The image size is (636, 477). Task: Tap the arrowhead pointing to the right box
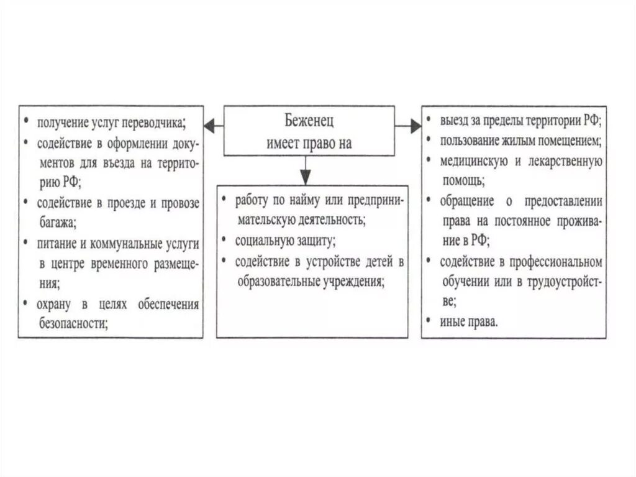click(416, 126)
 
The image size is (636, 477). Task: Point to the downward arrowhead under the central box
click(304, 177)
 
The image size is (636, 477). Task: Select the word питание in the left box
click(57, 243)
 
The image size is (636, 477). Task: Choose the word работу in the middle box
click(252, 200)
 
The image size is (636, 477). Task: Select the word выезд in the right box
click(454, 119)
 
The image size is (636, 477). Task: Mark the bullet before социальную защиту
click(223, 239)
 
